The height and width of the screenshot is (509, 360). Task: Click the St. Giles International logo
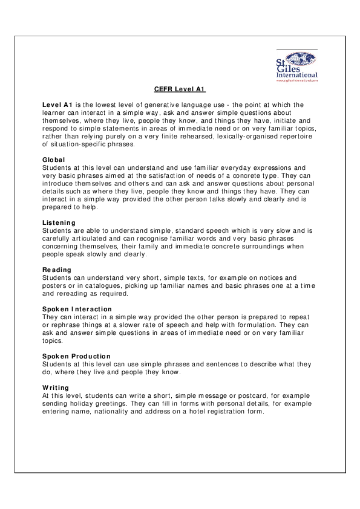296,65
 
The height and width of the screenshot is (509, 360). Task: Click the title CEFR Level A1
180,89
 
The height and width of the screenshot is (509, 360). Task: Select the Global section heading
53,160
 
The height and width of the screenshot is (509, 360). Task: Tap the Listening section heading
59,222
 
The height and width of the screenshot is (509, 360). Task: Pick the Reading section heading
57,270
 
